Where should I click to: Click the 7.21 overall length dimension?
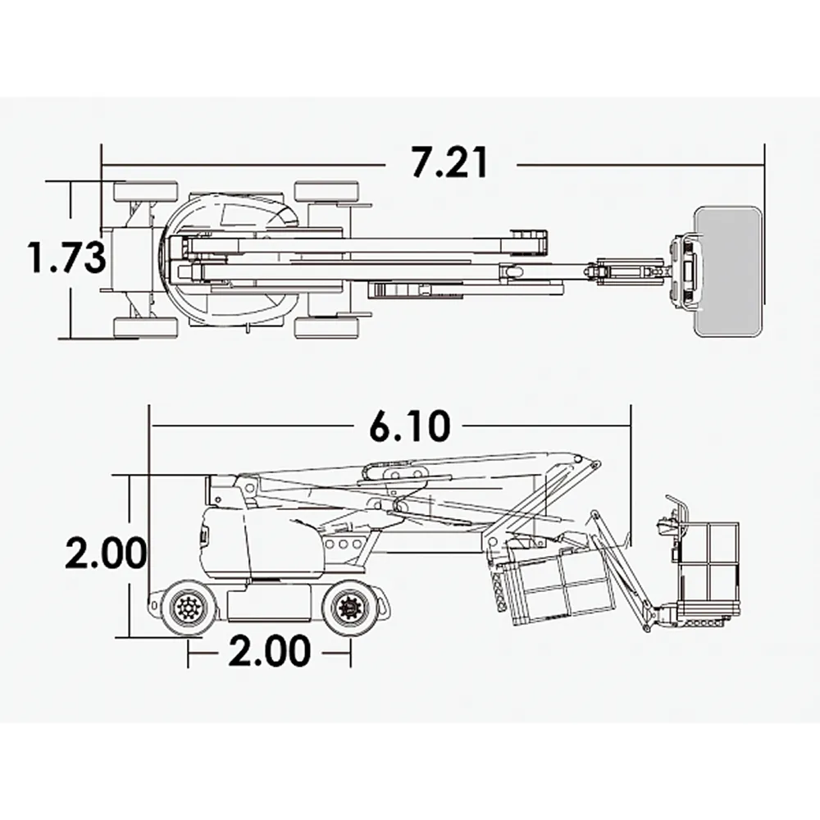pos(449,163)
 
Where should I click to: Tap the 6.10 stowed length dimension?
pos(409,426)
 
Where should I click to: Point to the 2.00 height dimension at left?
pos(106,554)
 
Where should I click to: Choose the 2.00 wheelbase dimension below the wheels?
pos(269,652)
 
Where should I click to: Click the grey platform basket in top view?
pos(729,271)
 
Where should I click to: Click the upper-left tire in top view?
pos(145,192)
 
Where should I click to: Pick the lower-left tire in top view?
pos(145,328)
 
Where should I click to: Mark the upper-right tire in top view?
pos(326,192)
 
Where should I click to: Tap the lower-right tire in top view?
pos(326,328)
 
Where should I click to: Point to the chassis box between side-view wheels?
pos(269,603)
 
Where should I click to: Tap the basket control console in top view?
pos(686,271)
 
